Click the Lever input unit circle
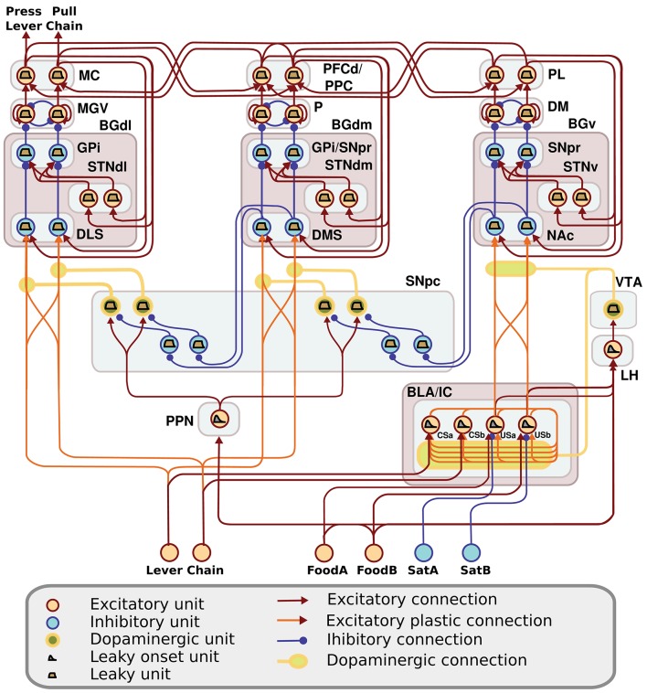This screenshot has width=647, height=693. pos(169,552)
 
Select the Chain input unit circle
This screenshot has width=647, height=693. pos(203,552)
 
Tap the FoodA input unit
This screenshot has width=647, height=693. pos(324,552)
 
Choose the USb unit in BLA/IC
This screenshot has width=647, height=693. pos(526,424)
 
